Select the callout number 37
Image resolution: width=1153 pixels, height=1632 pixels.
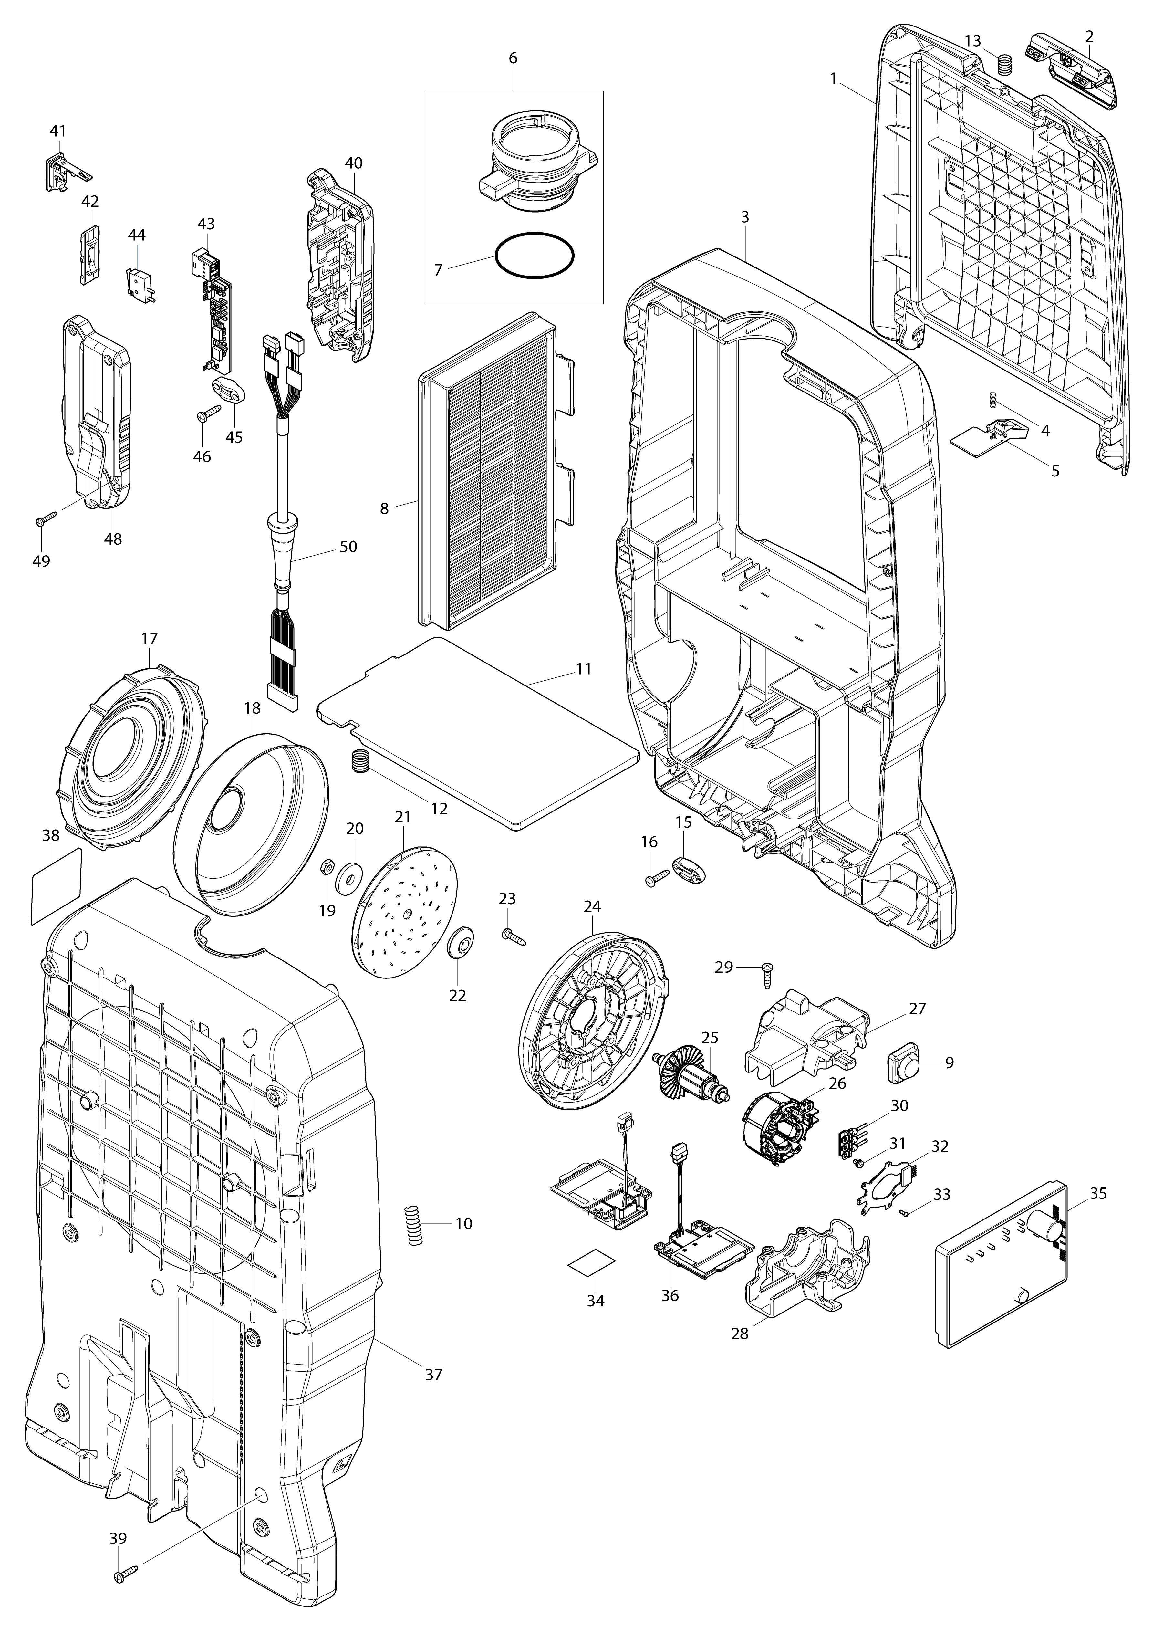tap(434, 1375)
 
